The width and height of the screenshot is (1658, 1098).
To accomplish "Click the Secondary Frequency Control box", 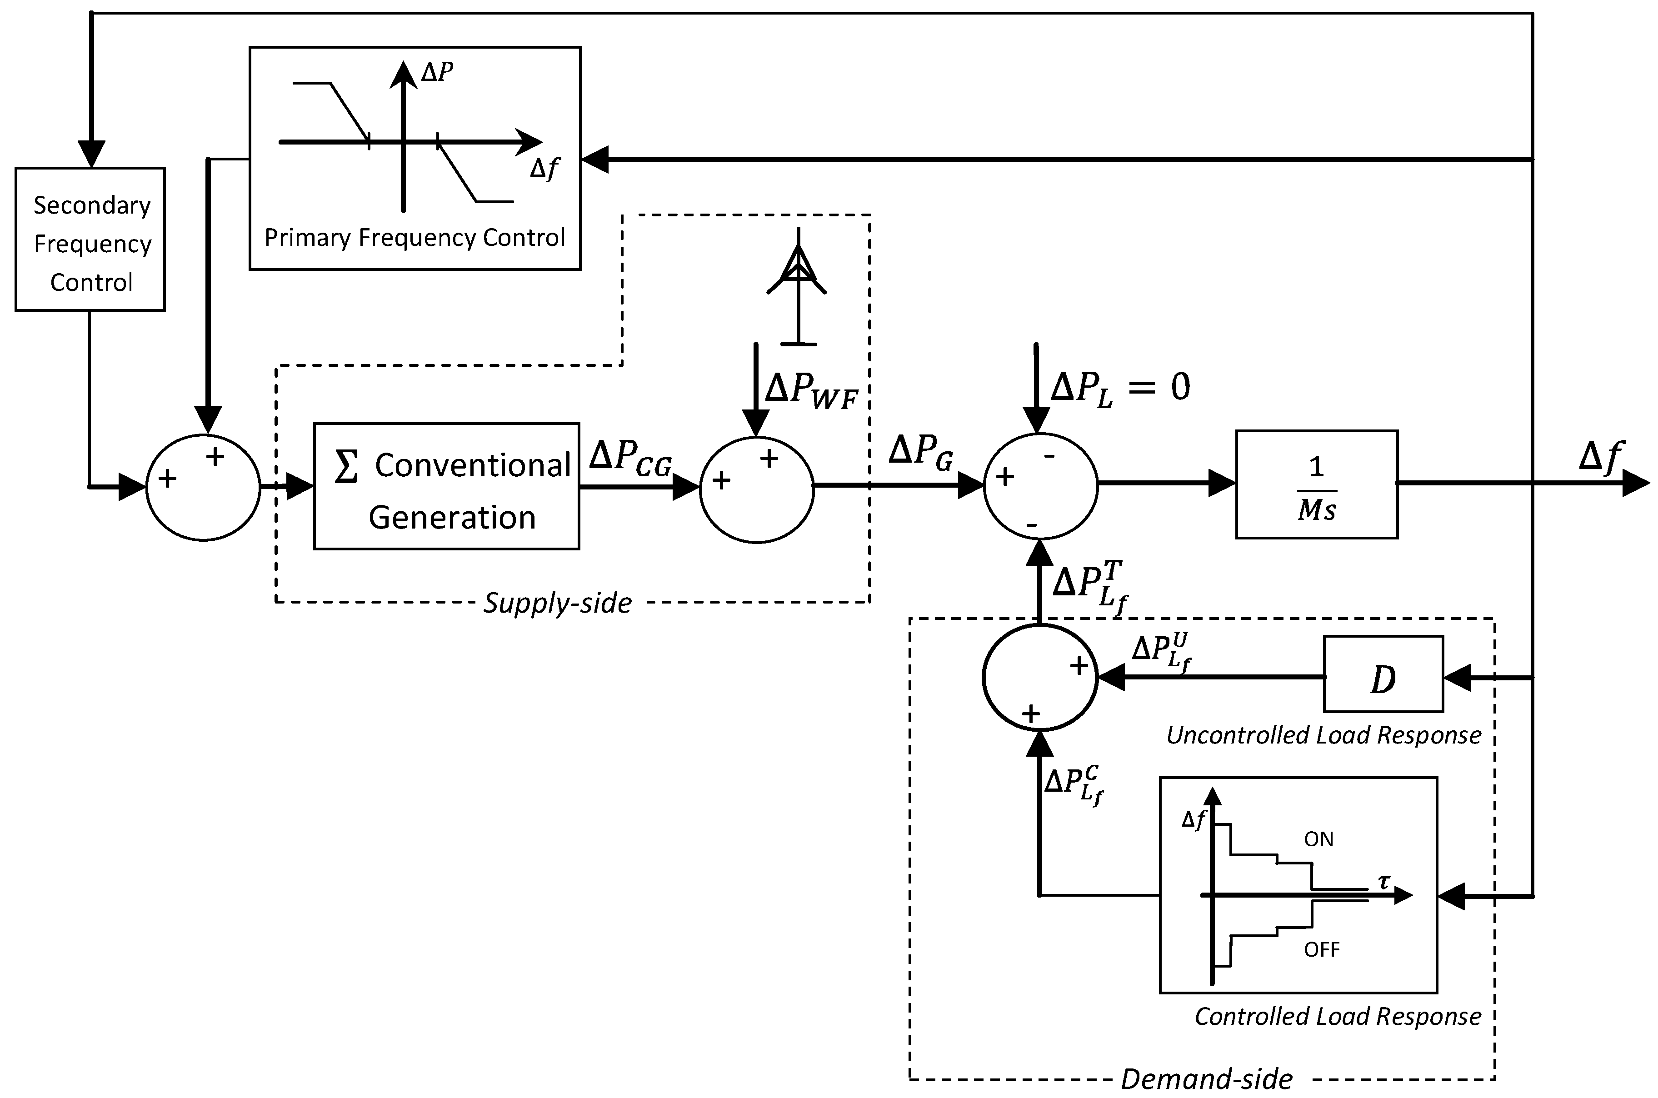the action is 90,239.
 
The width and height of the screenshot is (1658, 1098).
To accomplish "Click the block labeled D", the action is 1383,674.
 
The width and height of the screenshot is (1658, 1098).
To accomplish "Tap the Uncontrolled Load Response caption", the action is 1324,735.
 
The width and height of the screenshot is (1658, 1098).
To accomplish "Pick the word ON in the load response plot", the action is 1318,839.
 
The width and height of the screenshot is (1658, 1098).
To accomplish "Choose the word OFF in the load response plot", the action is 1321,949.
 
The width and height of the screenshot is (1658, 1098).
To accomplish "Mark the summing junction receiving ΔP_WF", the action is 757,489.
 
